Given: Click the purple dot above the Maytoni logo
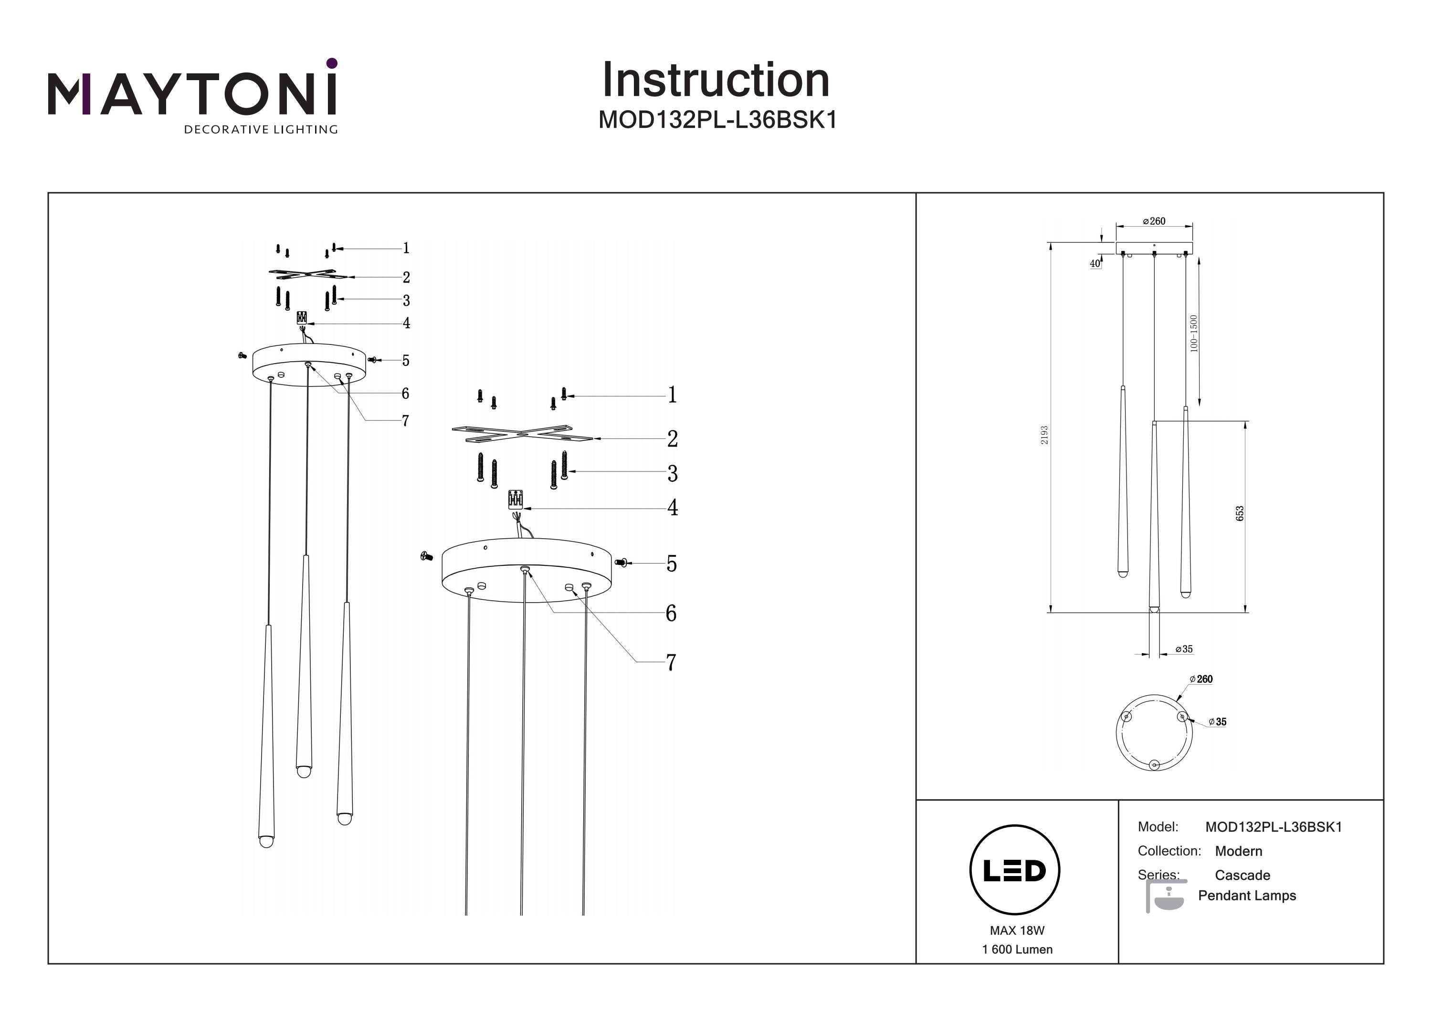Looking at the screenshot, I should [x=332, y=63].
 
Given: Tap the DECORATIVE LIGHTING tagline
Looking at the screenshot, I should [x=261, y=130].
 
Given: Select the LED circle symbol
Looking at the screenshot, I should [x=1014, y=870].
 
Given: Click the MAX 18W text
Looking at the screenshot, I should [x=1017, y=930].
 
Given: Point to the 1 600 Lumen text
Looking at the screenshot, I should [x=1017, y=949].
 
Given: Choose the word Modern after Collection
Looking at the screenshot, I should [x=1238, y=851].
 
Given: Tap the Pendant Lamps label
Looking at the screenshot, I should [x=1246, y=896].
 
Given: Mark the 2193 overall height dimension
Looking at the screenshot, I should [x=1044, y=435].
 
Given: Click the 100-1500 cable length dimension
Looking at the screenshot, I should [x=1194, y=334].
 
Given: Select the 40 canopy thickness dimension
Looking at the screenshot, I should [x=1095, y=264].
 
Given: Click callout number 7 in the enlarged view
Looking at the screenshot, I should [x=671, y=662].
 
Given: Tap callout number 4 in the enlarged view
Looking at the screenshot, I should [x=673, y=508].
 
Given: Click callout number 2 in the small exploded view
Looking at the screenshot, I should [x=406, y=278].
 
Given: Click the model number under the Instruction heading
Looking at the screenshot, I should [x=717, y=120].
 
